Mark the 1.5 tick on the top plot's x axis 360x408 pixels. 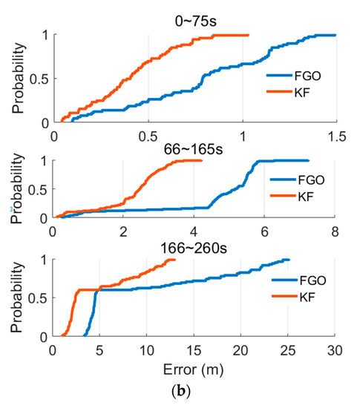pyautogui.click(x=336, y=136)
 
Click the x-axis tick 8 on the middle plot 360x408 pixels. pyautogui.click(x=336, y=231)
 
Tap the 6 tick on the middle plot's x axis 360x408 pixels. pyautogui.click(x=265, y=231)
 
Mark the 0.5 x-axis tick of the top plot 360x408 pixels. pyautogui.click(x=148, y=136)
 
